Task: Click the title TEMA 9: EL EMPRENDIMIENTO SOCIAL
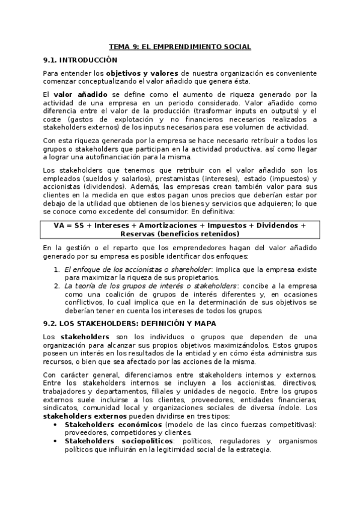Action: click(180, 46)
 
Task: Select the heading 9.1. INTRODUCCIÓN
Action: click(80, 60)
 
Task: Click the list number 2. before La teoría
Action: click(56, 286)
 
